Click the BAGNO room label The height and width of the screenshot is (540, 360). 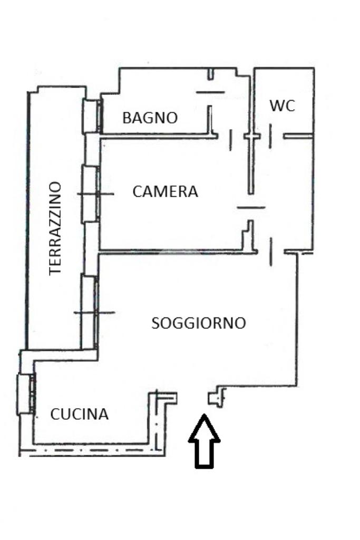point(150,118)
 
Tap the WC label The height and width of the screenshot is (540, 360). point(282,106)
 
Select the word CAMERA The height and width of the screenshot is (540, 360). point(165,191)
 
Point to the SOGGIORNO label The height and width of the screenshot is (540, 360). point(198,323)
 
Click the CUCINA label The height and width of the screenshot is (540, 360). point(80,414)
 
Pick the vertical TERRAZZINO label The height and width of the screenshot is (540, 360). point(55,228)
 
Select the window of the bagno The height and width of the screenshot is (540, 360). point(92,117)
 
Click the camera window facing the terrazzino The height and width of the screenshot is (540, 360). point(90,194)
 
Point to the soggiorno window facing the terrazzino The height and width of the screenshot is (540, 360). point(89,311)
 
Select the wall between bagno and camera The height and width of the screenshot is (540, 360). point(158,137)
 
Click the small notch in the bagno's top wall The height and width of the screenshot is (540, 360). point(210,74)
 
